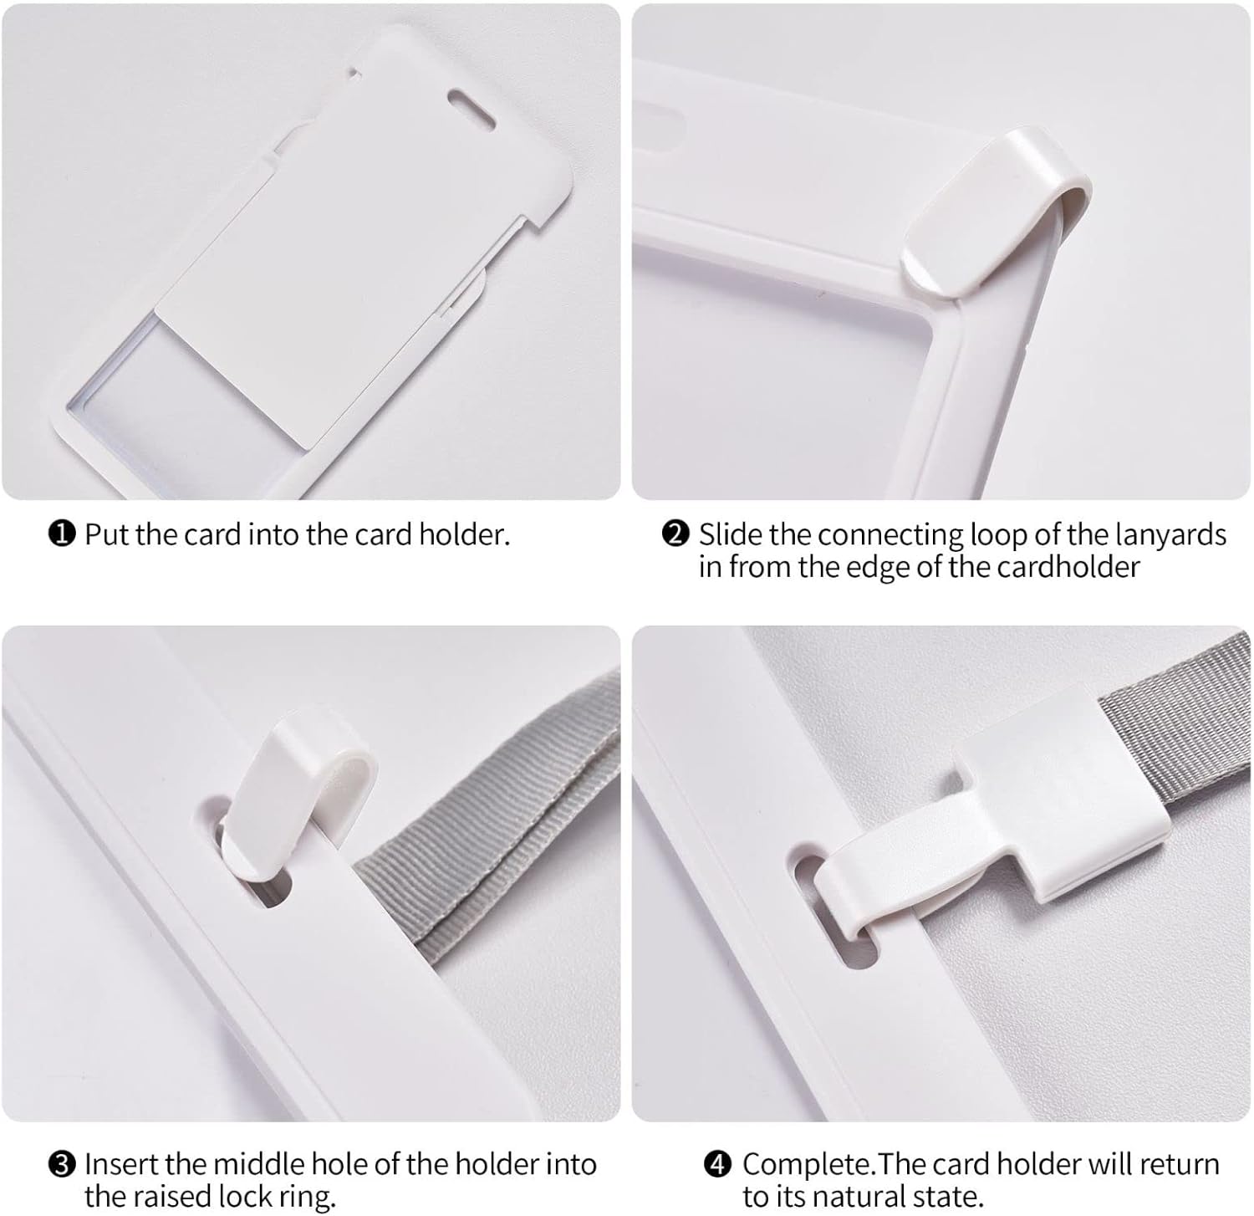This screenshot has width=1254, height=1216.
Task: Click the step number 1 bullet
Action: [63, 534]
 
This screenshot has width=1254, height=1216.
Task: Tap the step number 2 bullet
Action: [675, 534]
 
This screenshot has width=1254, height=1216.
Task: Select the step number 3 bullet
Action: [63, 1163]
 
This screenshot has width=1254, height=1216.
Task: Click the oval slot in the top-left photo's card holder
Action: [473, 99]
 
